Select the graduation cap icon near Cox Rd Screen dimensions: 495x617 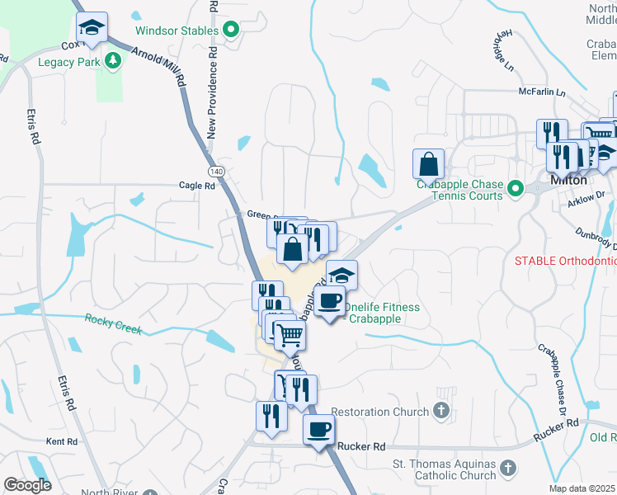click(92, 27)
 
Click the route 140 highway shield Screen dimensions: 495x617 click(216, 171)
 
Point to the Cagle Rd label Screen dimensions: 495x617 click(197, 186)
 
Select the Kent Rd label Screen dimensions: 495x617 click(61, 442)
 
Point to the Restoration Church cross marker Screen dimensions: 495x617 click(441, 411)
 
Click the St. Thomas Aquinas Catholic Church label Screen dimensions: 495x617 click(444, 469)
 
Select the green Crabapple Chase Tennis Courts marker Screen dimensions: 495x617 click(516, 190)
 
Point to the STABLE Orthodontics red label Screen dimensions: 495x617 click(565, 261)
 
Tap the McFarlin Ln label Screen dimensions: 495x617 click(542, 92)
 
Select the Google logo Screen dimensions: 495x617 click(27, 486)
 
